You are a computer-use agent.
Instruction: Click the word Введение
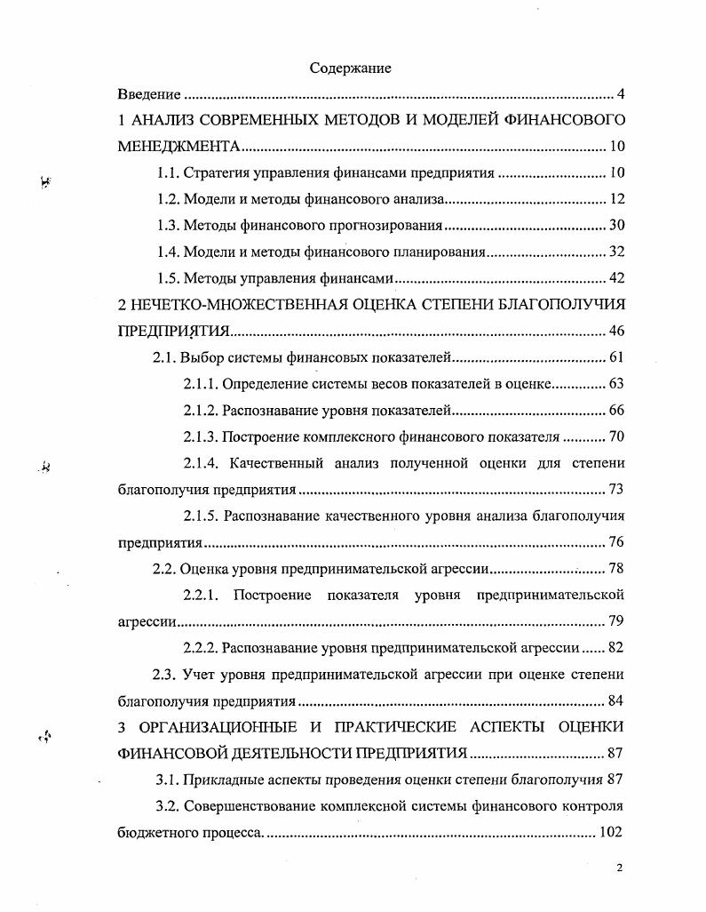point(150,94)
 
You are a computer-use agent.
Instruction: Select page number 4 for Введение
point(621,94)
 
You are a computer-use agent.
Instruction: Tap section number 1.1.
point(168,172)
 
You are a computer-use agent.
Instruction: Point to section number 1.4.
point(168,252)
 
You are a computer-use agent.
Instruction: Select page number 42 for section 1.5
point(617,279)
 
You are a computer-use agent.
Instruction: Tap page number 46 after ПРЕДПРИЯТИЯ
point(617,332)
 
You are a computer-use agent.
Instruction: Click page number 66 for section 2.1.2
point(617,411)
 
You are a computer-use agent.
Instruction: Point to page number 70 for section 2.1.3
point(617,437)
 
